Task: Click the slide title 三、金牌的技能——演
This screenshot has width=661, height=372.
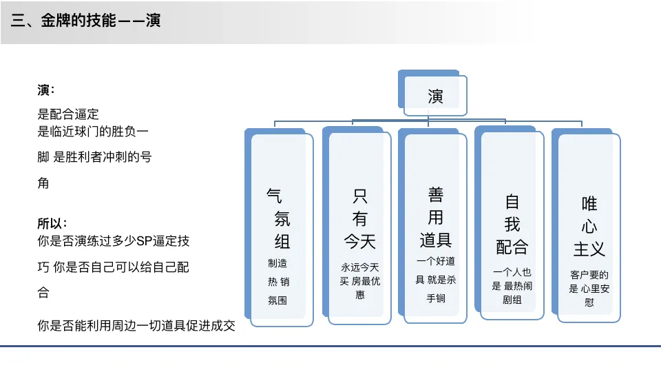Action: point(86,21)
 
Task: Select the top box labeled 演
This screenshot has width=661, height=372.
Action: point(435,96)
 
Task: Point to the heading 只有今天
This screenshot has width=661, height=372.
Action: point(360,218)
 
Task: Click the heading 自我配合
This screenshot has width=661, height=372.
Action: point(512,224)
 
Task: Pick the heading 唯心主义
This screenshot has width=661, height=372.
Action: point(589,225)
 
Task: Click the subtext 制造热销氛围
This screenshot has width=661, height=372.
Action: point(279,281)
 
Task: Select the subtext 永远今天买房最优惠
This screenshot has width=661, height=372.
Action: point(360,280)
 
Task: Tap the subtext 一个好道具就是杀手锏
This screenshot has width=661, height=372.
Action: point(436,280)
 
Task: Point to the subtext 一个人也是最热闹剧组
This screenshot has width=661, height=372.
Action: point(512,286)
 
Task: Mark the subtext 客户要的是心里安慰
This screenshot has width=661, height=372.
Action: point(589,288)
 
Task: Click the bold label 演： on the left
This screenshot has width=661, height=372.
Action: point(46,90)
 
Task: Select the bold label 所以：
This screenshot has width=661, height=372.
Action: point(52,224)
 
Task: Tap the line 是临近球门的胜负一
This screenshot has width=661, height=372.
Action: point(93,130)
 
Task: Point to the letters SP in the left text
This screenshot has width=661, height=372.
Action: point(143,242)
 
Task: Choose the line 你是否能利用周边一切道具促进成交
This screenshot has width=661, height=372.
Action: point(136,326)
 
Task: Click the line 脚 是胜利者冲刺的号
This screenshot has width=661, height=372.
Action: point(94,157)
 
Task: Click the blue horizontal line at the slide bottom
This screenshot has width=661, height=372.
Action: point(330,346)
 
